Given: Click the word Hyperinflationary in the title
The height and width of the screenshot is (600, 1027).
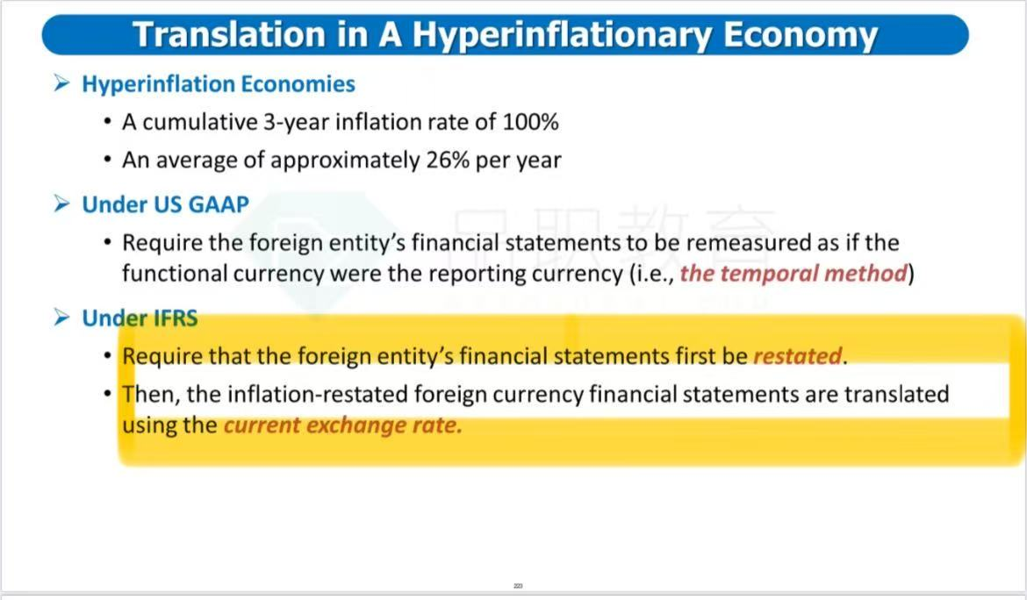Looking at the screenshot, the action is click(x=561, y=35).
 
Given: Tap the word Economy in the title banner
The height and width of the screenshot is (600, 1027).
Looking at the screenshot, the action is click(x=800, y=35).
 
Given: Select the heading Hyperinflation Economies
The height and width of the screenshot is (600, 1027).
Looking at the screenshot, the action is click(x=218, y=84).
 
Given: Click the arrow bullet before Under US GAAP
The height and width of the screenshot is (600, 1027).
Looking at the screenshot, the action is click(x=61, y=204).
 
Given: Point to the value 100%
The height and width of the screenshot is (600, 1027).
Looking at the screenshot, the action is click(x=530, y=122).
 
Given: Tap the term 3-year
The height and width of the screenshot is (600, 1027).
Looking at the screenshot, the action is click(x=296, y=123).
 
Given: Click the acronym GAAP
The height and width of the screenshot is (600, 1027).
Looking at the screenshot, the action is click(x=218, y=204).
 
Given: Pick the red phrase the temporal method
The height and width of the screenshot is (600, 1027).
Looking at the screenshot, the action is click(x=794, y=274).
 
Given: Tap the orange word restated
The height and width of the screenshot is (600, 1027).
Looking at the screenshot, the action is click(x=798, y=356).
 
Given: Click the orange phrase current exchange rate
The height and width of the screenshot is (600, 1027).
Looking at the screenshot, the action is click(x=343, y=425).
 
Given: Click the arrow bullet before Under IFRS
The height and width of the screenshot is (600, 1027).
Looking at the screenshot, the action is click(x=61, y=318).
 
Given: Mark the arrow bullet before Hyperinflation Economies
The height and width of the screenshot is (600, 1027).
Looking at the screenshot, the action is click(x=61, y=83).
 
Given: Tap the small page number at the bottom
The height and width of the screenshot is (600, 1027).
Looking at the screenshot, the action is click(x=518, y=586).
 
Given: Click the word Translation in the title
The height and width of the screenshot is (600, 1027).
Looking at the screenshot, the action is click(x=229, y=35).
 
